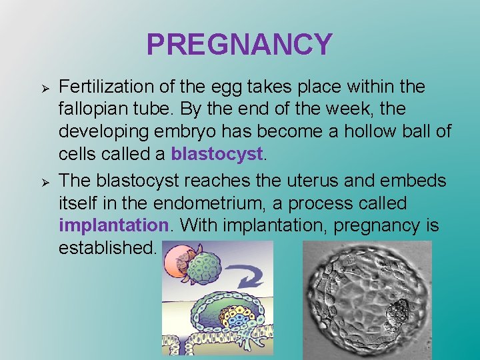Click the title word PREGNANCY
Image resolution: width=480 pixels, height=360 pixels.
pos(239,45)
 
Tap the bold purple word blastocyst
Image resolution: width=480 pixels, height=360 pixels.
pos(217,154)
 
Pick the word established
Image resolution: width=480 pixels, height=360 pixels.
pos(107,248)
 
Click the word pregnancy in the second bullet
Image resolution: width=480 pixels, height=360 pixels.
pos(377,225)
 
